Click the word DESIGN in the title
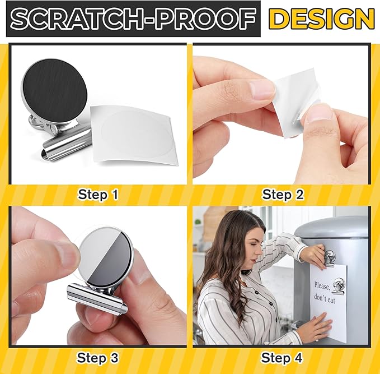(321, 19)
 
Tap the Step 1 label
(98, 195)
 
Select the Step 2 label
(283, 195)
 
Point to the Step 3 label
(98, 357)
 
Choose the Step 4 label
(283, 357)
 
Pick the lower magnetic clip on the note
(339, 287)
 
